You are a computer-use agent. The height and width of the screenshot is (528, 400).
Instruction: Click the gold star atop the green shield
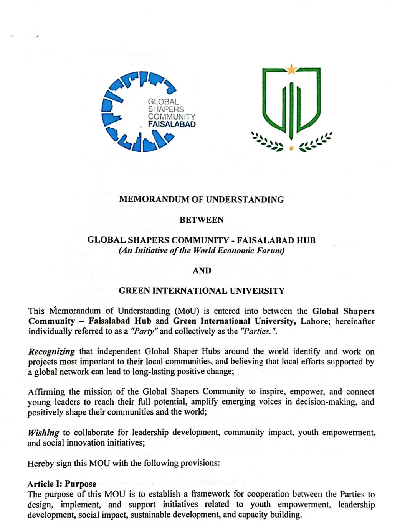point(292,70)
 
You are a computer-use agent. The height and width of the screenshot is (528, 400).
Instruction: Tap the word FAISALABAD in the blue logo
point(172,125)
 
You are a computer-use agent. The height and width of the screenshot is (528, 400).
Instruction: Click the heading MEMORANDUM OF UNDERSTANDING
point(201,200)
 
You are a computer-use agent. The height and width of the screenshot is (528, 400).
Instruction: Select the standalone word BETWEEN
point(202,220)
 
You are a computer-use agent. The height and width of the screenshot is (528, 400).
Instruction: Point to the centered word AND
point(202,271)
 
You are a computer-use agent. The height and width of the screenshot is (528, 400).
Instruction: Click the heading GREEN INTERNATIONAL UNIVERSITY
point(202,291)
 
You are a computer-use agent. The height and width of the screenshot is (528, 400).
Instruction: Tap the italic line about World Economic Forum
point(202,251)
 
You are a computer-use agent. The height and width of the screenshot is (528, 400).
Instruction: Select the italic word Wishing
point(43,433)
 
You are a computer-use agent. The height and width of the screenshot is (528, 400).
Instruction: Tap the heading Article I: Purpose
point(61,484)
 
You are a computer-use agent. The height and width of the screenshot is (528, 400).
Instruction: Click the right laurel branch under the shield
point(316,141)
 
